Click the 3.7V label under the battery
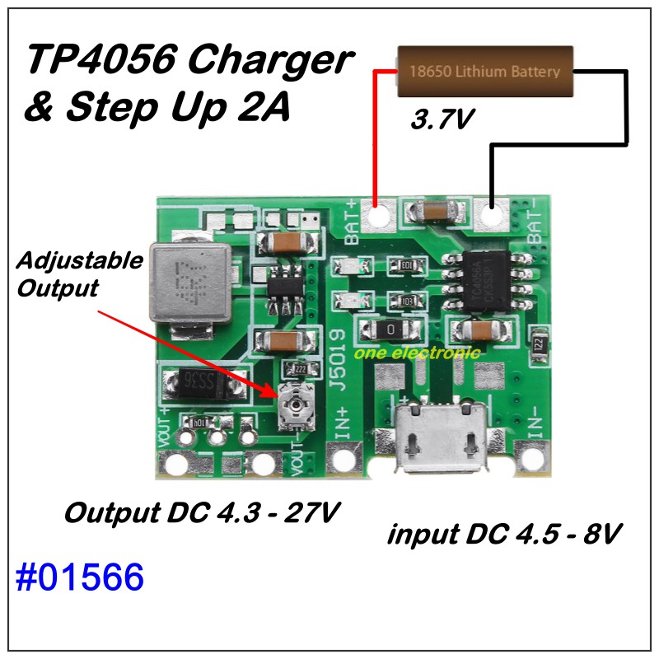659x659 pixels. (442, 120)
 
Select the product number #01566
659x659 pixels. (79, 578)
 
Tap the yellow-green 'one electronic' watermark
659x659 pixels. (418, 354)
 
